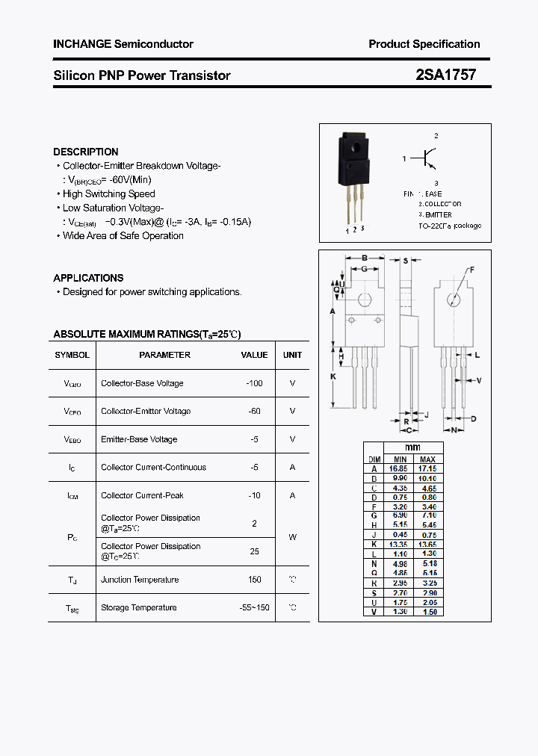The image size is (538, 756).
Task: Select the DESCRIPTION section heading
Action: pos(86,152)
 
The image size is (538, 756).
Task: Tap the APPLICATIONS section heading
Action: pos(88,278)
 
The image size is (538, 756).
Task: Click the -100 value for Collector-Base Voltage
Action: pos(254,383)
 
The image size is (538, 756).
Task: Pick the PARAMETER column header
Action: pos(164,355)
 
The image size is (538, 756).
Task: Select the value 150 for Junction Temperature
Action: pos(254,580)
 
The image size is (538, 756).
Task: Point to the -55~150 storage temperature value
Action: pos(254,607)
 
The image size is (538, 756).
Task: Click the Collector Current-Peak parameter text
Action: pos(142,495)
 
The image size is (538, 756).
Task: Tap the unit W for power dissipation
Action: pos(292,536)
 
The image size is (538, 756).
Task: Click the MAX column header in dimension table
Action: pos(427,459)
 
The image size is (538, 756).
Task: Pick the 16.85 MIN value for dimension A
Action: pos(400,468)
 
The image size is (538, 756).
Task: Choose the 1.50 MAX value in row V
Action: pos(427,612)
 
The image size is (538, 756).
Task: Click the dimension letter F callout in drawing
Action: pos(471,270)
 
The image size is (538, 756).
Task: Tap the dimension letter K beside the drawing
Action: pos(333,377)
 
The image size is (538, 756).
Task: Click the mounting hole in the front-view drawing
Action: pos(365,300)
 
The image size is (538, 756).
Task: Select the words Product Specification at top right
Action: pos(424,44)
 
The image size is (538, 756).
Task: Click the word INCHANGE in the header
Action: pos(81,44)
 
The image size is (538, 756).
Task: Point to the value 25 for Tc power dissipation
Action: pos(254,551)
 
